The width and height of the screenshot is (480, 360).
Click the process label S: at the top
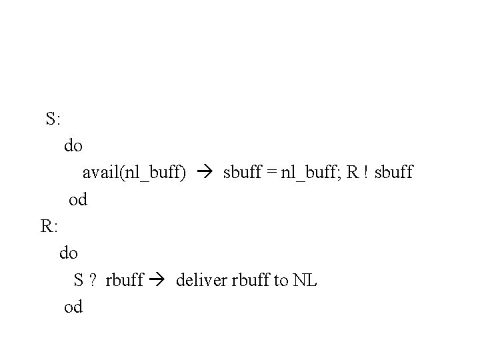(54, 119)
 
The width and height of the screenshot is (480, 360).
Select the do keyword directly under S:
(73, 145)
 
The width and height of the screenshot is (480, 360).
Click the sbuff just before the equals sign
(243, 173)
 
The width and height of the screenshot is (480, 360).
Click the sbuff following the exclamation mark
(393, 173)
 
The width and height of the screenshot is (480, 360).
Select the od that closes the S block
(78, 199)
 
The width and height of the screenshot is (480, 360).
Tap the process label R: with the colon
(49, 226)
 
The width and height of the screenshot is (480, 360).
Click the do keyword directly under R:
(69, 253)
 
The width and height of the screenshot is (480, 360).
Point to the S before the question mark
(79, 280)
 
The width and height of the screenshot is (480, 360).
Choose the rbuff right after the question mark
(125, 280)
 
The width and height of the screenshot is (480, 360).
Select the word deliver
(201, 280)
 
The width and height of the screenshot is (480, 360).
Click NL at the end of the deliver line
(305, 280)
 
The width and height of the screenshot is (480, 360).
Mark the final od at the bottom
(73, 307)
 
